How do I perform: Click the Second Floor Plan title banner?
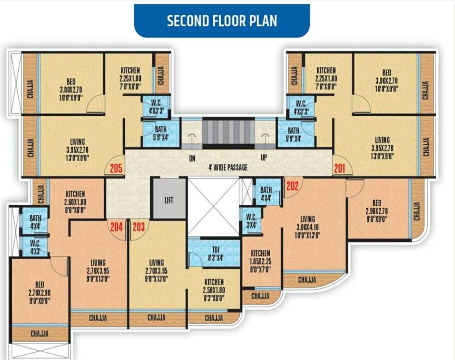coord(222,21)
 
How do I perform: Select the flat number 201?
coord(339,167)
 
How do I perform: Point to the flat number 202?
coord(292,186)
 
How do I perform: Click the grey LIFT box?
coord(169,200)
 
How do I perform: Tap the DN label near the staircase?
coord(192,158)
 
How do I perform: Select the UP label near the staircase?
coord(264,158)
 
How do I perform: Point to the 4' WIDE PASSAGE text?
coord(228,167)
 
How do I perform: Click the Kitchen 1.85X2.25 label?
coord(260,262)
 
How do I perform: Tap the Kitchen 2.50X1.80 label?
coord(214,290)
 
